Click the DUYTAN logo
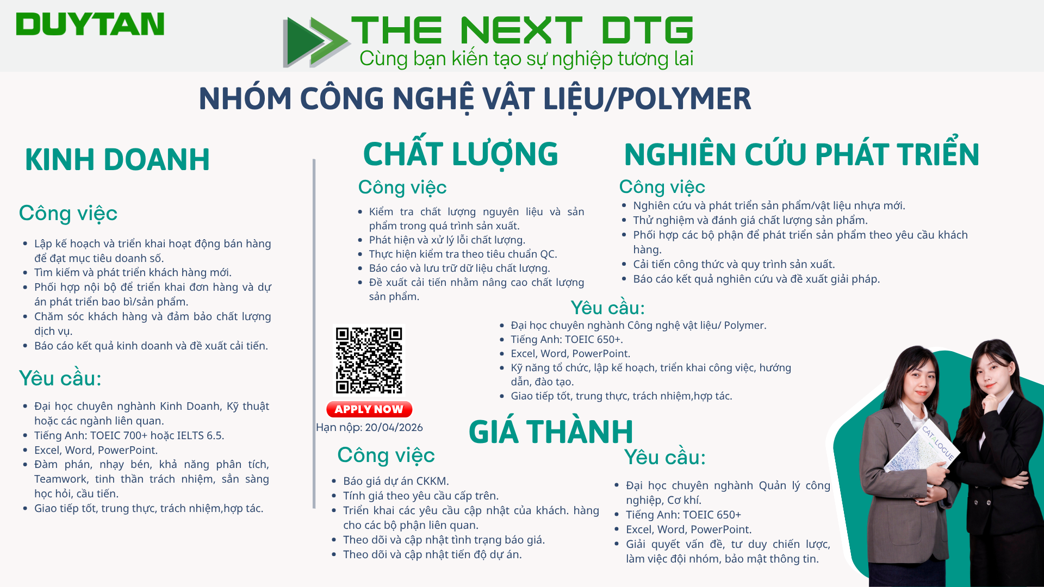coord(90,24)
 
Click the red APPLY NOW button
coord(369,409)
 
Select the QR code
coord(369,360)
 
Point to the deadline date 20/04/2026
coord(394,428)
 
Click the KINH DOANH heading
coord(117,159)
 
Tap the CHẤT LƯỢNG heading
coord(461,153)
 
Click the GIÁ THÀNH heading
coord(551,432)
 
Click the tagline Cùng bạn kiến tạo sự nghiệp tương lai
coord(526,59)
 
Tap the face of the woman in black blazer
coord(995,370)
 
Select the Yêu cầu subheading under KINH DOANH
coord(60,378)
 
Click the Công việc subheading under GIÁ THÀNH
coord(386,455)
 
